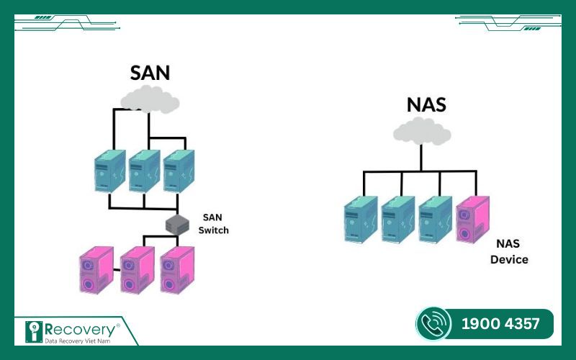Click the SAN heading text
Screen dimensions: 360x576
(x=151, y=73)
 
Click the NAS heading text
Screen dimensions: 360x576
(x=426, y=104)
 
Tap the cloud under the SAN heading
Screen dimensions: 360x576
(x=150, y=99)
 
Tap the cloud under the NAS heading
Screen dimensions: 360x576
(x=423, y=131)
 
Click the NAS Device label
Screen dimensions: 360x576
(x=509, y=252)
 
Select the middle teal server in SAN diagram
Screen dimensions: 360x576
(x=145, y=171)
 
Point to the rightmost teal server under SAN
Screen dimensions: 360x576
(x=178, y=171)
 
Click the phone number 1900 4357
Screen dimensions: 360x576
(x=500, y=324)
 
